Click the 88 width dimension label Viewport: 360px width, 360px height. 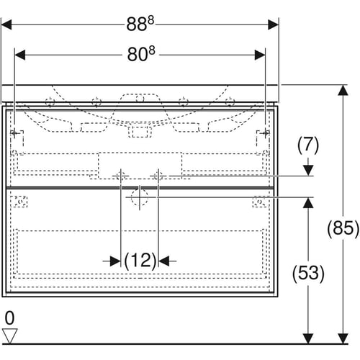[x=140, y=24]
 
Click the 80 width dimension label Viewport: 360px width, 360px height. [x=141, y=54]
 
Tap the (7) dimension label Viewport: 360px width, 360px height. [x=308, y=145]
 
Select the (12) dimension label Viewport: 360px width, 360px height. [x=140, y=261]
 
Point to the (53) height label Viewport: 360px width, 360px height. [x=308, y=273]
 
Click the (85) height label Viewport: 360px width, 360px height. [x=343, y=228]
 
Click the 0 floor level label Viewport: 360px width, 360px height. [x=10, y=318]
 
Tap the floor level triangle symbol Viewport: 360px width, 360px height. [x=9, y=336]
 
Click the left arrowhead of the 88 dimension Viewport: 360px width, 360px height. [x=6, y=24]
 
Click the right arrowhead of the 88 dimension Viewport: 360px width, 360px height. [x=273, y=24]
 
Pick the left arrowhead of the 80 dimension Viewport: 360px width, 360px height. [x=20, y=55]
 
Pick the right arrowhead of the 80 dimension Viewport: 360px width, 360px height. [x=260, y=55]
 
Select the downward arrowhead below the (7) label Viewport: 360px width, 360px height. [x=308, y=171]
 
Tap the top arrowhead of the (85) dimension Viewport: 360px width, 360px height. [x=343, y=90]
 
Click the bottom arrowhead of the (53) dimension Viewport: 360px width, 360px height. [x=308, y=338]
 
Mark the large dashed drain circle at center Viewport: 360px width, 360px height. [x=140, y=197]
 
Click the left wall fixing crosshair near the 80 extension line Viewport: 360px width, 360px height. [x=14, y=132]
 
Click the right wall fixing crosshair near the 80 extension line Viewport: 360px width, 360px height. [x=265, y=132]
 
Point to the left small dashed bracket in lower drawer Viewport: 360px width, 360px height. [x=19, y=202]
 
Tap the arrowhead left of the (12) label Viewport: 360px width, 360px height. [x=115, y=261]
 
